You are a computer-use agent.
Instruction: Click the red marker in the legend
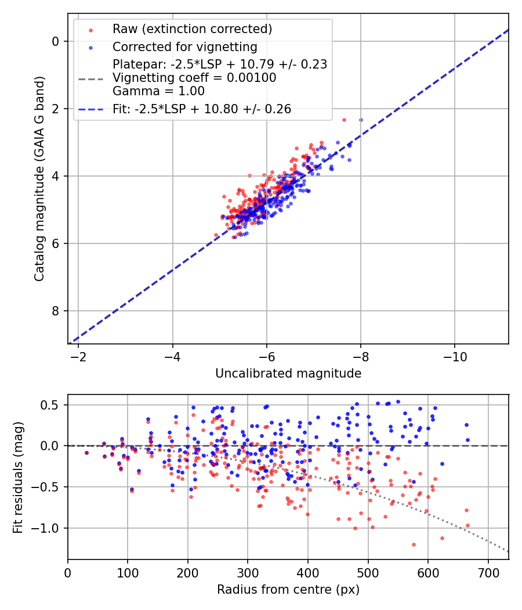pos(90,30)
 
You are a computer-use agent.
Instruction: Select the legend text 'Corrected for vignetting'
pos(184,46)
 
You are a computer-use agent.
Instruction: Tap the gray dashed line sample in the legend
pos(90,78)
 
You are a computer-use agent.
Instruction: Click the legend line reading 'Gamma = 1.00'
pos(158,91)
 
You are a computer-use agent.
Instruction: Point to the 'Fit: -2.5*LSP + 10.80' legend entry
pos(202,109)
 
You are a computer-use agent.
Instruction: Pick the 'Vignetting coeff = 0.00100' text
pos(194,78)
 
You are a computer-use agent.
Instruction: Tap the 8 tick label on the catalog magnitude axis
pos(56,311)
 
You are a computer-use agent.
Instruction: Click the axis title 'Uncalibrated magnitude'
pos(288,374)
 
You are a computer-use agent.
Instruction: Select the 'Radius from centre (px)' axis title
pos(288,590)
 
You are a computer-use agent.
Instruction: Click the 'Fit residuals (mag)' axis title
pos(18,477)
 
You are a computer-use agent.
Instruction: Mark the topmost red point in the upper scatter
pos(344,120)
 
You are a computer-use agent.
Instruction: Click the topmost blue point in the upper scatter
pos(361,120)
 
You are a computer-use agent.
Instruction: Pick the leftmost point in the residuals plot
pos(86,453)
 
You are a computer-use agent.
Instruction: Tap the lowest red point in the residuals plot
pos(414,544)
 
